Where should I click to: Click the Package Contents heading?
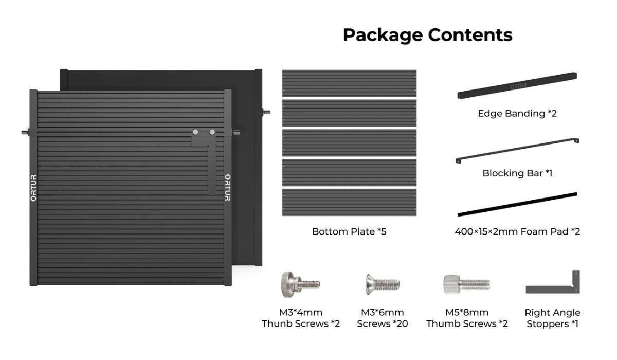pos(427,35)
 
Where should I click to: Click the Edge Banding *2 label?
pos(517,113)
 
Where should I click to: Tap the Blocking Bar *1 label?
pos(517,173)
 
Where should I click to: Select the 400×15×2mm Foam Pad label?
pos(517,231)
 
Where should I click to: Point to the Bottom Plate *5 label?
pos(349,231)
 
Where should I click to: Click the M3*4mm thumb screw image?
pos(300,283)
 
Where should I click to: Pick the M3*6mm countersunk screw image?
pos(382,283)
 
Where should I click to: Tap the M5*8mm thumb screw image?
pos(466,283)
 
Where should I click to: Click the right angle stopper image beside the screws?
pos(554,284)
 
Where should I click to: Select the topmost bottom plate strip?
pos(349,83)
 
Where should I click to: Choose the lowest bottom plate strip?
pos(349,202)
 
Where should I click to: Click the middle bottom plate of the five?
pos(349,142)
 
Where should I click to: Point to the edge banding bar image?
pos(517,85)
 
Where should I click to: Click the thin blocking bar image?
pos(517,151)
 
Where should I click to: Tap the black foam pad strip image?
pos(517,204)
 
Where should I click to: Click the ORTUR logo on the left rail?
pos(33,188)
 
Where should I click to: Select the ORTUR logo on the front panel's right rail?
pos(227,188)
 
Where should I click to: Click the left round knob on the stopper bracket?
pos(196,132)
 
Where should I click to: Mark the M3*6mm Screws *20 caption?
pos(382,318)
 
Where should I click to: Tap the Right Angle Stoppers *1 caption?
pos(552,318)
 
